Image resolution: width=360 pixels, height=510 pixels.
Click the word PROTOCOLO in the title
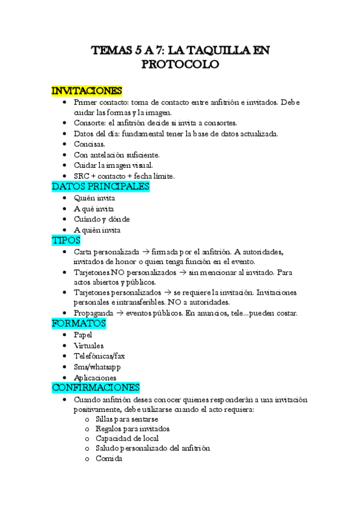180,64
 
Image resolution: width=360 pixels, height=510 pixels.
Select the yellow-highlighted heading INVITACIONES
87,91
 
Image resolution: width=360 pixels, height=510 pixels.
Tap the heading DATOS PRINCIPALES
100,186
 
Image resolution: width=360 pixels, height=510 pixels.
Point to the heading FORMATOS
79,323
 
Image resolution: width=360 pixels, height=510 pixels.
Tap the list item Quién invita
94,198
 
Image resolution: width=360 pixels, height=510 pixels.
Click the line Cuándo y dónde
102,220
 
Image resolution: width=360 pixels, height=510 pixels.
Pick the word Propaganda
93,313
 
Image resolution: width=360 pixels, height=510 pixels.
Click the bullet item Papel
84,334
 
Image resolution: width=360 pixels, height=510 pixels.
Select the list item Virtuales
88,345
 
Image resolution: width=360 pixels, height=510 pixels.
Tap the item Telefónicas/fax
99,356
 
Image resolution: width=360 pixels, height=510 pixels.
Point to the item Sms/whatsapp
97,367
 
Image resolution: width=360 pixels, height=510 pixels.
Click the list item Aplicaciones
95,378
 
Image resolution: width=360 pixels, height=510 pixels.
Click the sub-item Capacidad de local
126,438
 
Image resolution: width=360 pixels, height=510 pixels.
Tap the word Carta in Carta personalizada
83,251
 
